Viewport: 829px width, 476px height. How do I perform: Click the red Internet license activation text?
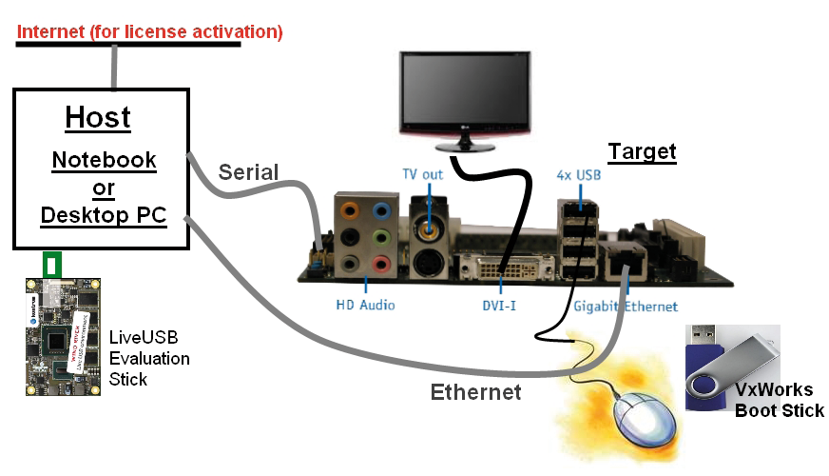150,31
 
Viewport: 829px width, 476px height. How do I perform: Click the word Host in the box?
98,118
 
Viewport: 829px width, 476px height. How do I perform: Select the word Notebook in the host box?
104,159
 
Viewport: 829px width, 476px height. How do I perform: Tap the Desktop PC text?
104,215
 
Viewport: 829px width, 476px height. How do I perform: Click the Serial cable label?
248,172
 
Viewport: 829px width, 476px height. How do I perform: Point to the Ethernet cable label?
475,391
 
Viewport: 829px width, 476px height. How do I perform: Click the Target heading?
642,151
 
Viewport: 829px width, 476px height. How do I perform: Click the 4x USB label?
580,175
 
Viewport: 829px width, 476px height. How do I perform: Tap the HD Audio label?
365,307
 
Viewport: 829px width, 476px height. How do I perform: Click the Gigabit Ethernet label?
626,307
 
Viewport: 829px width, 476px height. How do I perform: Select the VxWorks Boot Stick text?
779,401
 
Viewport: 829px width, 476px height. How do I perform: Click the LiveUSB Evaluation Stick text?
149,358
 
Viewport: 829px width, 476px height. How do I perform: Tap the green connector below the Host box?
54,264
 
